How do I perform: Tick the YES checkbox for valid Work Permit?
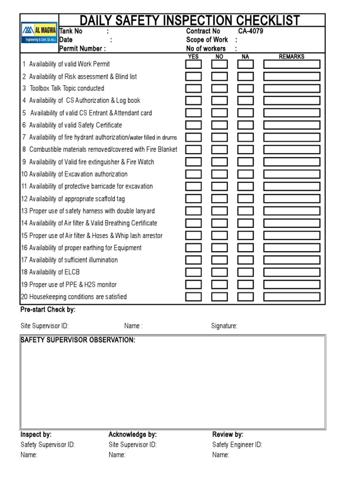(x=194, y=64)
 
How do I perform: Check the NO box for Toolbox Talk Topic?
(x=219, y=89)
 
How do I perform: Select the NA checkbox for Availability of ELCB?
(x=245, y=272)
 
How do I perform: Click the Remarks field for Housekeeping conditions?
(x=292, y=297)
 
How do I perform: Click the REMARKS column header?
(x=292, y=57)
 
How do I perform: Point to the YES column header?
(x=193, y=57)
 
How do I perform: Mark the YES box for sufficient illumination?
(x=194, y=260)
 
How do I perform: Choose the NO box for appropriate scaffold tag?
(x=219, y=199)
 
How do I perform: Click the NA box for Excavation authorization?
(x=245, y=174)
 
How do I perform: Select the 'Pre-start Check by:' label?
(x=48, y=310)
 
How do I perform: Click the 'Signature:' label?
(x=224, y=326)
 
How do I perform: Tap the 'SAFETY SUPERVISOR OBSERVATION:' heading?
(x=78, y=340)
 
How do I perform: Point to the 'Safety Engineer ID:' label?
(x=237, y=445)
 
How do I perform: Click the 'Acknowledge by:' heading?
(x=133, y=435)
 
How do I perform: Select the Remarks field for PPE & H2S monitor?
(x=292, y=285)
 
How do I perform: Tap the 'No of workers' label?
(x=206, y=48)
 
